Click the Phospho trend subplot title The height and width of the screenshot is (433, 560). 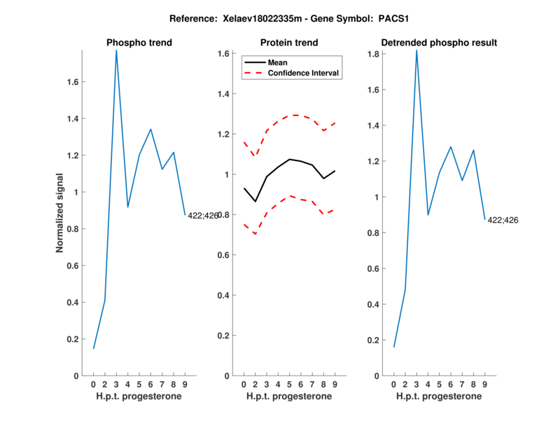coord(139,43)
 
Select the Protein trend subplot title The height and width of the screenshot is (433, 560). coord(289,43)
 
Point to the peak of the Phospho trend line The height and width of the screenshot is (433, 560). coord(116,50)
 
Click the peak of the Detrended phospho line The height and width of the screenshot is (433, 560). coord(416,50)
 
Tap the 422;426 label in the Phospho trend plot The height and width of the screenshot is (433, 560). coord(203,216)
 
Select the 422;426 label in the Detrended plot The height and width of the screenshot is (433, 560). coord(503,221)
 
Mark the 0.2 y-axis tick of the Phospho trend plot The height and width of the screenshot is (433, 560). coord(73,339)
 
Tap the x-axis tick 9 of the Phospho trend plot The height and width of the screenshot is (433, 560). coord(185,384)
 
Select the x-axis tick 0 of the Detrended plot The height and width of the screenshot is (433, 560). coord(393,384)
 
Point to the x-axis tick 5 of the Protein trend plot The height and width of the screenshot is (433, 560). coord(289,384)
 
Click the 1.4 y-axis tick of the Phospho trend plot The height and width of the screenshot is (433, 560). coord(73,119)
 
